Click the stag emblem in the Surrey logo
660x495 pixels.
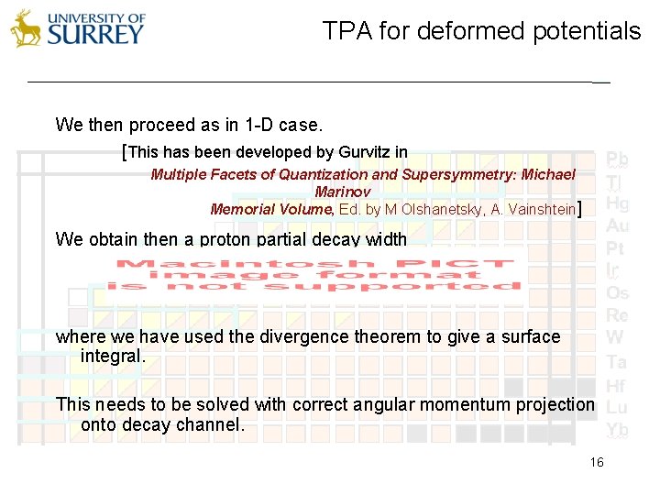[x=26, y=28]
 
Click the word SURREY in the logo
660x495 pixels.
[x=96, y=35]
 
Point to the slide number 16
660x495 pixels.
[x=597, y=463]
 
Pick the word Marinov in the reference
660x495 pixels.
[x=342, y=192]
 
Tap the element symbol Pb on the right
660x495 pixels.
[x=617, y=159]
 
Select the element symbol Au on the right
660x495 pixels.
[x=617, y=225]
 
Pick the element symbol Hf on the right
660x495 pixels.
[x=616, y=386]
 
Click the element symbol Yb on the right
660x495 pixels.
[x=617, y=429]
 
